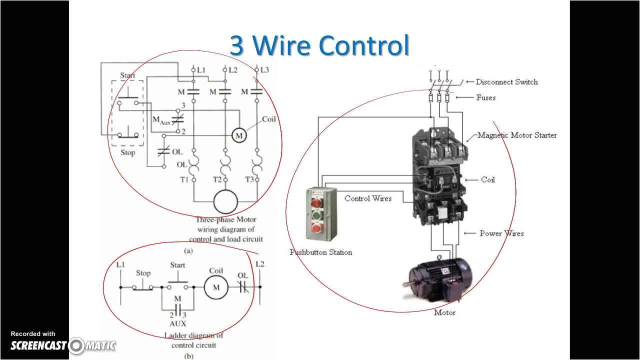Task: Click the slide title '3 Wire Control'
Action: click(x=319, y=45)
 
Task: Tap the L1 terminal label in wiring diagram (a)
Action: click(x=201, y=70)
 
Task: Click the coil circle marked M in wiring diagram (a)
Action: click(x=239, y=135)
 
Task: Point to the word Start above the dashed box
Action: click(x=127, y=75)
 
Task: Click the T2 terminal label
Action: click(x=217, y=179)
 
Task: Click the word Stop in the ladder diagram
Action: click(x=143, y=273)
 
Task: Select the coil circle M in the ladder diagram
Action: click(x=216, y=287)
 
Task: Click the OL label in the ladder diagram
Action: click(x=242, y=275)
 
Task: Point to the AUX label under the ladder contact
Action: click(x=177, y=324)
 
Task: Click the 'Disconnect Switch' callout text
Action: click(x=506, y=82)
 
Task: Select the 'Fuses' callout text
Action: click(x=485, y=98)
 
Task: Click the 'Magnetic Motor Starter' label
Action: click(x=517, y=135)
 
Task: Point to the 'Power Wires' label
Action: click(x=501, y=233)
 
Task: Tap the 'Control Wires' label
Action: click(x=368, y=198)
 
